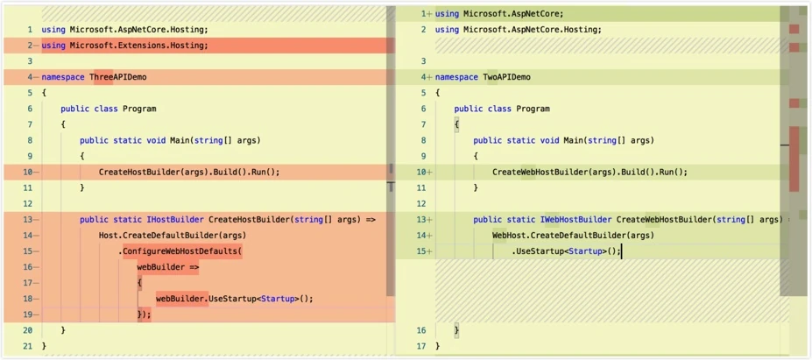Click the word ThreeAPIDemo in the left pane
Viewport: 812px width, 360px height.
coord(118,77)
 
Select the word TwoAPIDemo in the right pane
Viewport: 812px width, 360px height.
coord(507,77)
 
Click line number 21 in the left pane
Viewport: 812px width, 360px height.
coord(28,345)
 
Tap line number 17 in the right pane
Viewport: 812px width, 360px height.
coord(423,345)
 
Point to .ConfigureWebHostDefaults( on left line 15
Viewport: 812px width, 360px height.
coord(180,251)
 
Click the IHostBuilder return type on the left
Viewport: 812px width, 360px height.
coord(180,220)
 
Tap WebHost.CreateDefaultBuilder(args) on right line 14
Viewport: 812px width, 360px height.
coord(573,236)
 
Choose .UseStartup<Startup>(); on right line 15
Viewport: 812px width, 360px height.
coord(566,251)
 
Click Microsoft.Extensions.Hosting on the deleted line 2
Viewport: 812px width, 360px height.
coord(137,46)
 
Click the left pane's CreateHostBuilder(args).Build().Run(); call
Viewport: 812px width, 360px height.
coord(189,173)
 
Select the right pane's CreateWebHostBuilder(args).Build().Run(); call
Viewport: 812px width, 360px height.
coord(590,173)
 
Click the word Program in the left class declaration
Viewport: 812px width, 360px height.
coord(139,109)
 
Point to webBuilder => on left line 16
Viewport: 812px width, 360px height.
coord(168,267)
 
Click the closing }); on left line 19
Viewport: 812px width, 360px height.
coord(144,314)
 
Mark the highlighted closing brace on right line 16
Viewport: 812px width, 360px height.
coord(456,330)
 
